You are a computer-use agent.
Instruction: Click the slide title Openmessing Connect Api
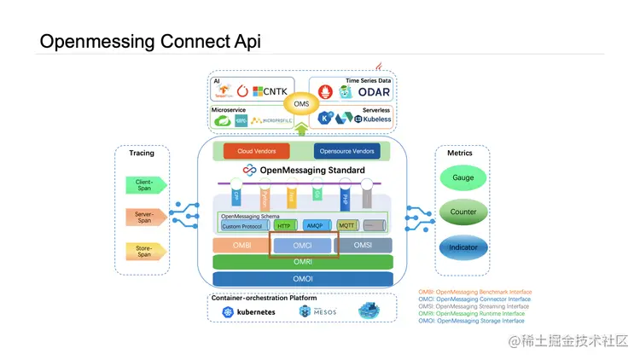click(150, 42)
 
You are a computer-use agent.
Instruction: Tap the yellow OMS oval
click(300, 104)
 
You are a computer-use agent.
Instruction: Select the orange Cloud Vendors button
click(262, 151)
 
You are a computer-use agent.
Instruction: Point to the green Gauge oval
click(463, 177)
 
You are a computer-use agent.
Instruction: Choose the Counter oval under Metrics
click(463, 212)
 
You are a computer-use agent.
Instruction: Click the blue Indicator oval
click(463, 247)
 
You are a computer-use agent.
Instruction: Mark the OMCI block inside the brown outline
click(303, 246)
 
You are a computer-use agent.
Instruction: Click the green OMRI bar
click(302, 262)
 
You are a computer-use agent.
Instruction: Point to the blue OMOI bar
click(302, 279)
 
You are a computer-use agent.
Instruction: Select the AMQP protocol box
click(314, 226)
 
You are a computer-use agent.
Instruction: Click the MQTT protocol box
click(346, 226)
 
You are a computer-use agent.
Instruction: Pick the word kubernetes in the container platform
click(255, 312)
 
